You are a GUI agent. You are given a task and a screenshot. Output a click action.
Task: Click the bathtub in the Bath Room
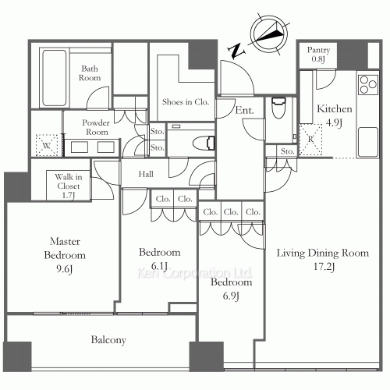click(54, 77)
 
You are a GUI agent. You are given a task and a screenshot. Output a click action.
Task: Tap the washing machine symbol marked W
click(47, 145)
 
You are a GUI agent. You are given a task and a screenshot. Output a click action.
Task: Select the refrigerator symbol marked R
click(310, 140)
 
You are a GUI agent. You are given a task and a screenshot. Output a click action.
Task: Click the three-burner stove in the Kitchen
click(368, 84)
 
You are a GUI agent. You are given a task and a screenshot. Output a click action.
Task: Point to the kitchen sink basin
click(368, 142)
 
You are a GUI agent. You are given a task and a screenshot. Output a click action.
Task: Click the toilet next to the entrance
click(278, 108)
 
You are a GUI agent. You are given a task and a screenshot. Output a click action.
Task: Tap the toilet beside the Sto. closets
click(204, 143)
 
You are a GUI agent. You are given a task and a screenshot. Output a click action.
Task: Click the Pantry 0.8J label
click(318, 55)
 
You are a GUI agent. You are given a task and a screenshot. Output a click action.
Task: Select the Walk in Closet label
click(69, 182)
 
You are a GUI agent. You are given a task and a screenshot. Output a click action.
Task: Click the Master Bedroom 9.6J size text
click(64, 269)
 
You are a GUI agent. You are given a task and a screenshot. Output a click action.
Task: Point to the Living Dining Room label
click(322, 253)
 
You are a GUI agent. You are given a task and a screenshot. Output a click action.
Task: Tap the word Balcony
click(108, 340)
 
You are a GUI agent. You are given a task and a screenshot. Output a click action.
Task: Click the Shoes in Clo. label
click(186, 102)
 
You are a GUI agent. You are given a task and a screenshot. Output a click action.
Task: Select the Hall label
click(146, 174)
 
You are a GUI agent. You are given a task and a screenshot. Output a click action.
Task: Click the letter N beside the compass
click(236, 51)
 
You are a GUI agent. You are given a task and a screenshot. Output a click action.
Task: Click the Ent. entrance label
click(244, 110)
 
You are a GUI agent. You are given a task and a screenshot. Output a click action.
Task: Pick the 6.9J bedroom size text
click(231, 296)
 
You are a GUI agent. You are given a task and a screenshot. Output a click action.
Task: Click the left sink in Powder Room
click(80, 147)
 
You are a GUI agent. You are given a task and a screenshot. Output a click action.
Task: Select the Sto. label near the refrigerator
click(287, 151)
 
